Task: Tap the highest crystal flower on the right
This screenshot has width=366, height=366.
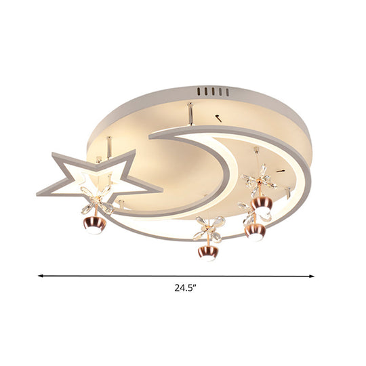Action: (x=258, y=181)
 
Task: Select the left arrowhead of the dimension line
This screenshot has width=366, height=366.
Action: (x=41, y=276)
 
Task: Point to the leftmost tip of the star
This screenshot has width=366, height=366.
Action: (x=39, y=195)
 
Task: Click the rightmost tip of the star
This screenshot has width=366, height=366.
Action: (x=161, y=186)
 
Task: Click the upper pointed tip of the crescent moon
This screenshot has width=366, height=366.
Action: (x=150, y=136)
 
